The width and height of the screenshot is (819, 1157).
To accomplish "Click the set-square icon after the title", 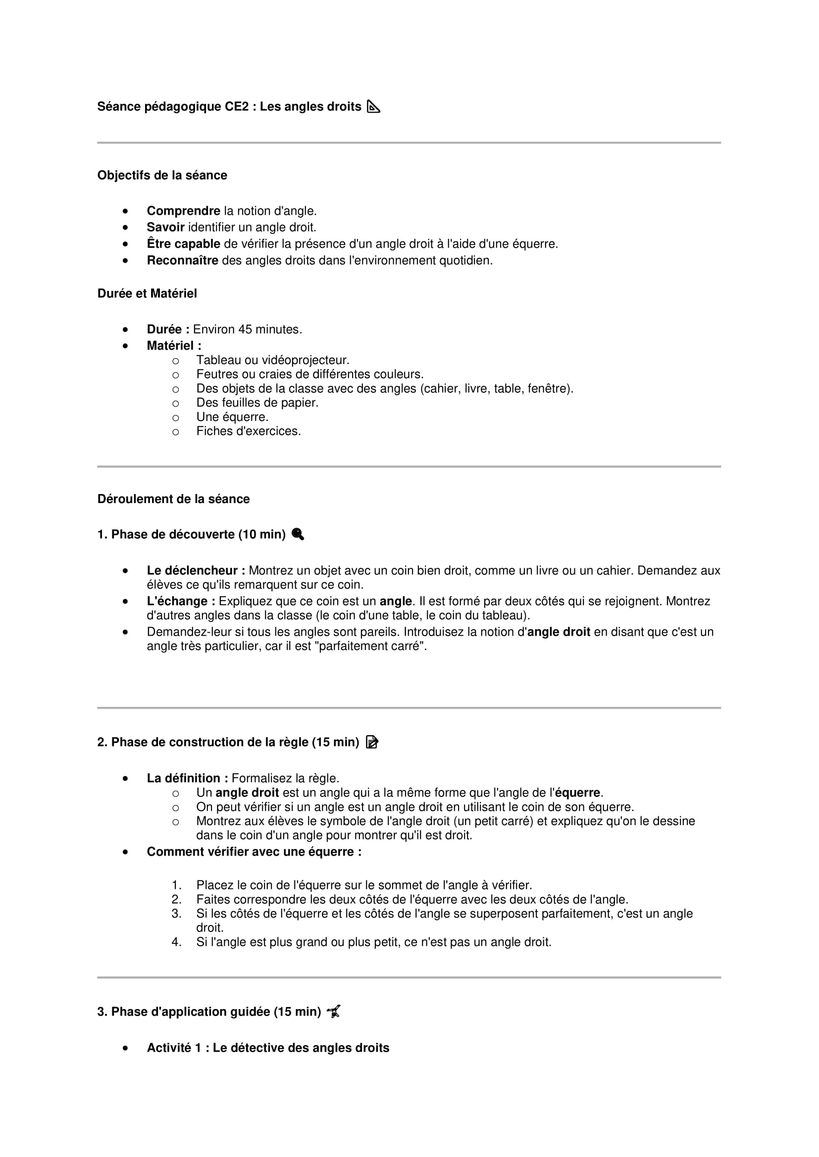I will tap(373, 107).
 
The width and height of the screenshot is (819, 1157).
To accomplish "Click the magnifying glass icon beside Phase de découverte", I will tap(298, 534).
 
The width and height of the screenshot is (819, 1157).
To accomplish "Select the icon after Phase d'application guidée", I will tap(334, 1012).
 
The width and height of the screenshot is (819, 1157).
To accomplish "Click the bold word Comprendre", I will tap(183, 211).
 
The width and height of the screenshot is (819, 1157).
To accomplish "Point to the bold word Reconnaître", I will tap(182, 261).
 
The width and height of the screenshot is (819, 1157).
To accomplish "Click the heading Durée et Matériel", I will tap(147, 293).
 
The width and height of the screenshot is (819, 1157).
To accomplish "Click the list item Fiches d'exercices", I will tap(248, 431).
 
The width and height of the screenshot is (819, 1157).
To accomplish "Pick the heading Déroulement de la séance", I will tap(173, 499).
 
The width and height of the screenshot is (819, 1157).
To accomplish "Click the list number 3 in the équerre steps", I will tap(176, 914).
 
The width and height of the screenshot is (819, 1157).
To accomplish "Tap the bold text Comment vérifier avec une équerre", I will tap(254, 852).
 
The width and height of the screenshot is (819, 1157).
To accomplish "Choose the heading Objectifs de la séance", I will tap(162, 176).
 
